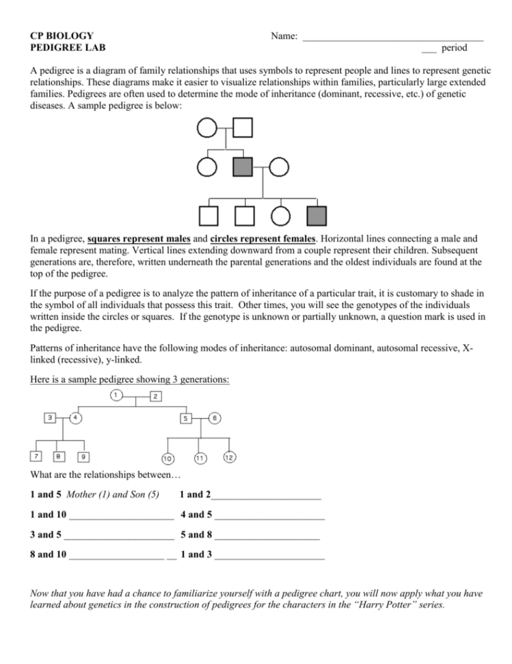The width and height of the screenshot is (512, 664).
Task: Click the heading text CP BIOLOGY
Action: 62,35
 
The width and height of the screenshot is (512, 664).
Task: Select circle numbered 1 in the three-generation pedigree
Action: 116,396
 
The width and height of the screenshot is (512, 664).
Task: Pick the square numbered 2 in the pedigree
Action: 156,396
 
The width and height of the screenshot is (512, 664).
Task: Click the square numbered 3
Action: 49,418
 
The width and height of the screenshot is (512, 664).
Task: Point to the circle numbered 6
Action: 215,418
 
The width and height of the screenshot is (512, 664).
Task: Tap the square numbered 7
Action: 37,456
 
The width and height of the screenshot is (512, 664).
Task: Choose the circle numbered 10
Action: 167,457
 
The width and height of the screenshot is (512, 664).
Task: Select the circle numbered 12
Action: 229,457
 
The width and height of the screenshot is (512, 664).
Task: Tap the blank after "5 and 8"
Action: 267,537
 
